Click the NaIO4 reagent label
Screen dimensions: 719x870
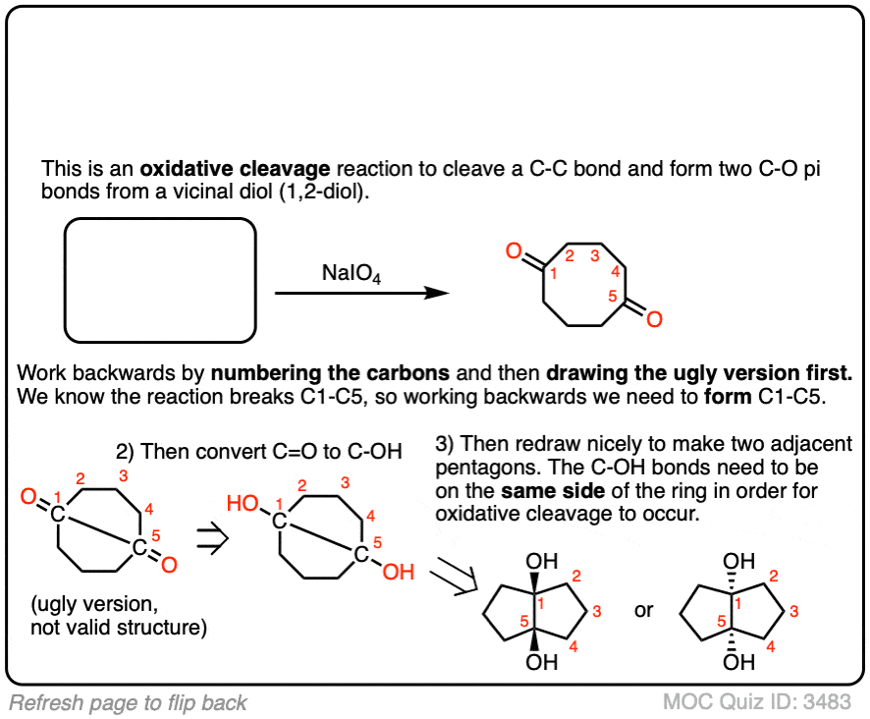click(x=352, y=276)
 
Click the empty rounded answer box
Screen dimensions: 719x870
click(x=160, y=280)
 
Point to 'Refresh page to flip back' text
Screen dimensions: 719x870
click(x=129, y=702)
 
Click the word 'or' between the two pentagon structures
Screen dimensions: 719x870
click(x=643, y=610)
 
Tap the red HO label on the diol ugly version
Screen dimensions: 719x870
click(x=243, y=504)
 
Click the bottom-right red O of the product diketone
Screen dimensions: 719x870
click(x=654, y=318)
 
